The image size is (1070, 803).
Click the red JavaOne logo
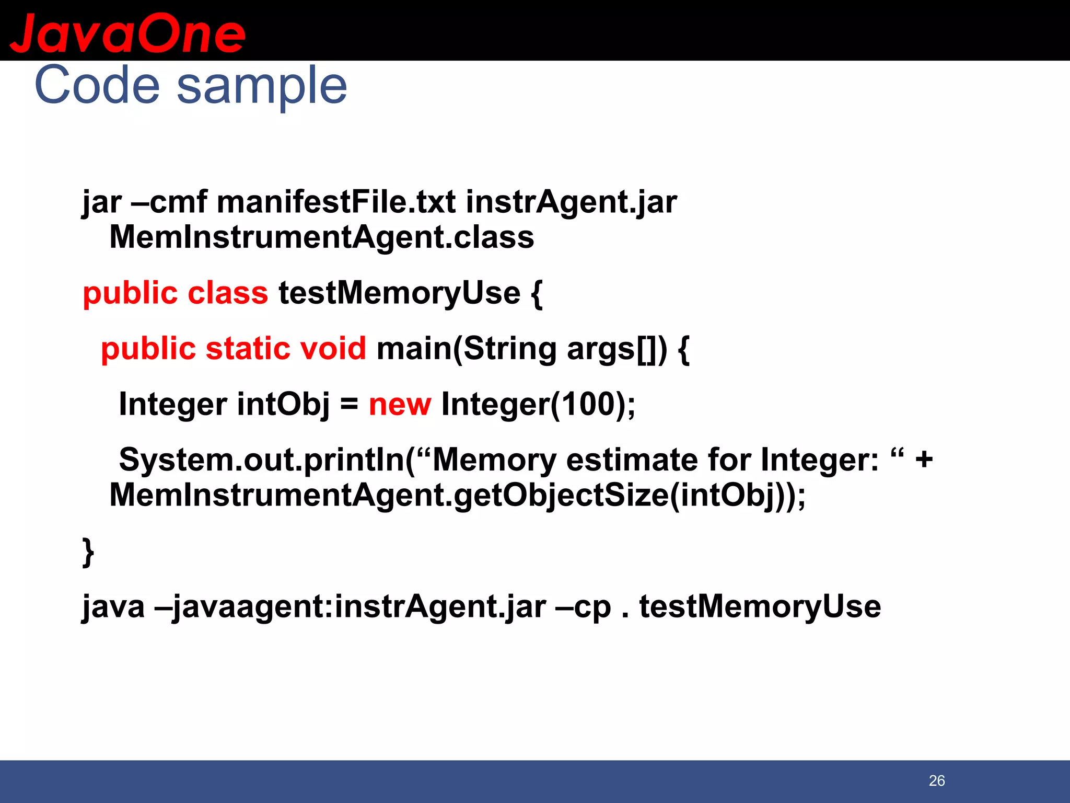click(x=127, y=32)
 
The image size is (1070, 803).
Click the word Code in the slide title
click(x=97, y=85)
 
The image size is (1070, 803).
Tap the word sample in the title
click(x=262, y=86)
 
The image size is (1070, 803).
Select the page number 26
click(x=937, y=781)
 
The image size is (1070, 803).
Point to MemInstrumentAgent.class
click(x=322, y=237)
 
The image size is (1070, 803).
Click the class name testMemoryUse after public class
click(x=399, y=293)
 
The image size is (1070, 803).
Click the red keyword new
click(x=400, y=404)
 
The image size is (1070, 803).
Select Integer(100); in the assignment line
click(x=539, y=404)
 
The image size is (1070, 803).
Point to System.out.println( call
click(x=267, y=460)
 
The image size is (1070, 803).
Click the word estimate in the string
click(x=632, y=460)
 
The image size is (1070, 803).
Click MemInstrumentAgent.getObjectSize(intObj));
click(x=457, y=495)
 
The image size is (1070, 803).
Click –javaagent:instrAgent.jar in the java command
click(x=351, y=606)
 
